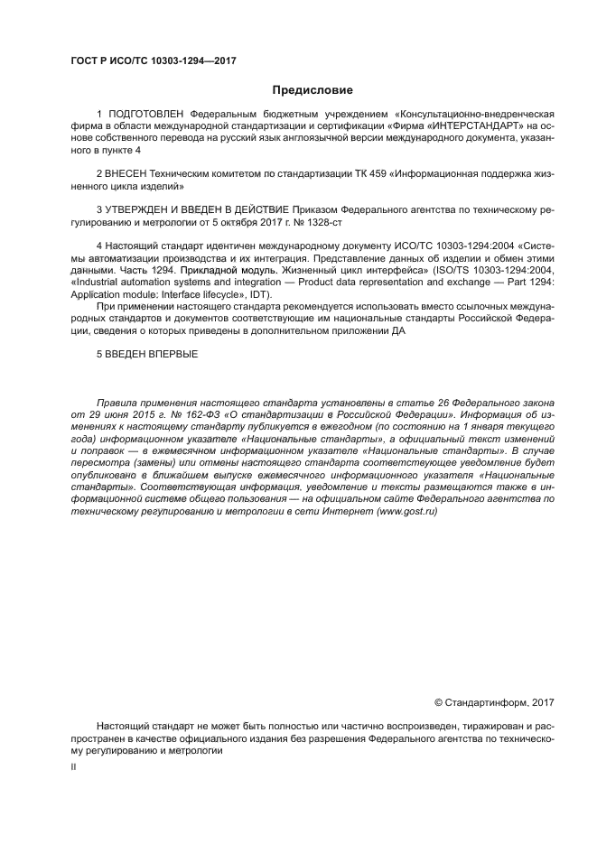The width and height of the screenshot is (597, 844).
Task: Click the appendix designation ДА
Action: (x=398, y=330)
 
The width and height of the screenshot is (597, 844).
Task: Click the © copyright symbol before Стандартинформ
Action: (x=439, y=700)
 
